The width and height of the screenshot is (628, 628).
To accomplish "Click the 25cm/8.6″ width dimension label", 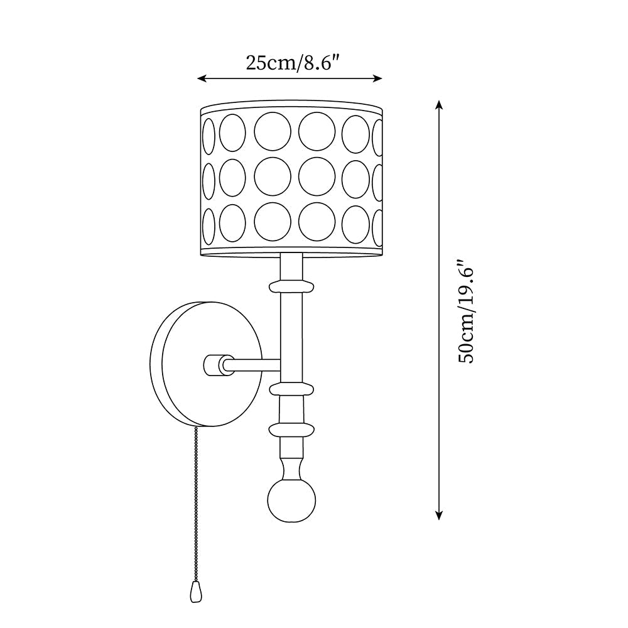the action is point(293,63).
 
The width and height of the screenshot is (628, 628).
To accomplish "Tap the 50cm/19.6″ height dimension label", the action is point(466,311).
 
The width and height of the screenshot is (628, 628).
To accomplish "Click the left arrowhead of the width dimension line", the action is point(202,78).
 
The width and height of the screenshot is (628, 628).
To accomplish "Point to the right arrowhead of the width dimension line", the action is point(377,78).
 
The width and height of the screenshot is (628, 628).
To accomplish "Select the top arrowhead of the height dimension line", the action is point(439,105).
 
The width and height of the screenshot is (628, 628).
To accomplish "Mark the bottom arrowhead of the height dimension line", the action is point(439,515).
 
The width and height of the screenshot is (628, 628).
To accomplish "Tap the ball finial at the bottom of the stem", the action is point(291,501).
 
